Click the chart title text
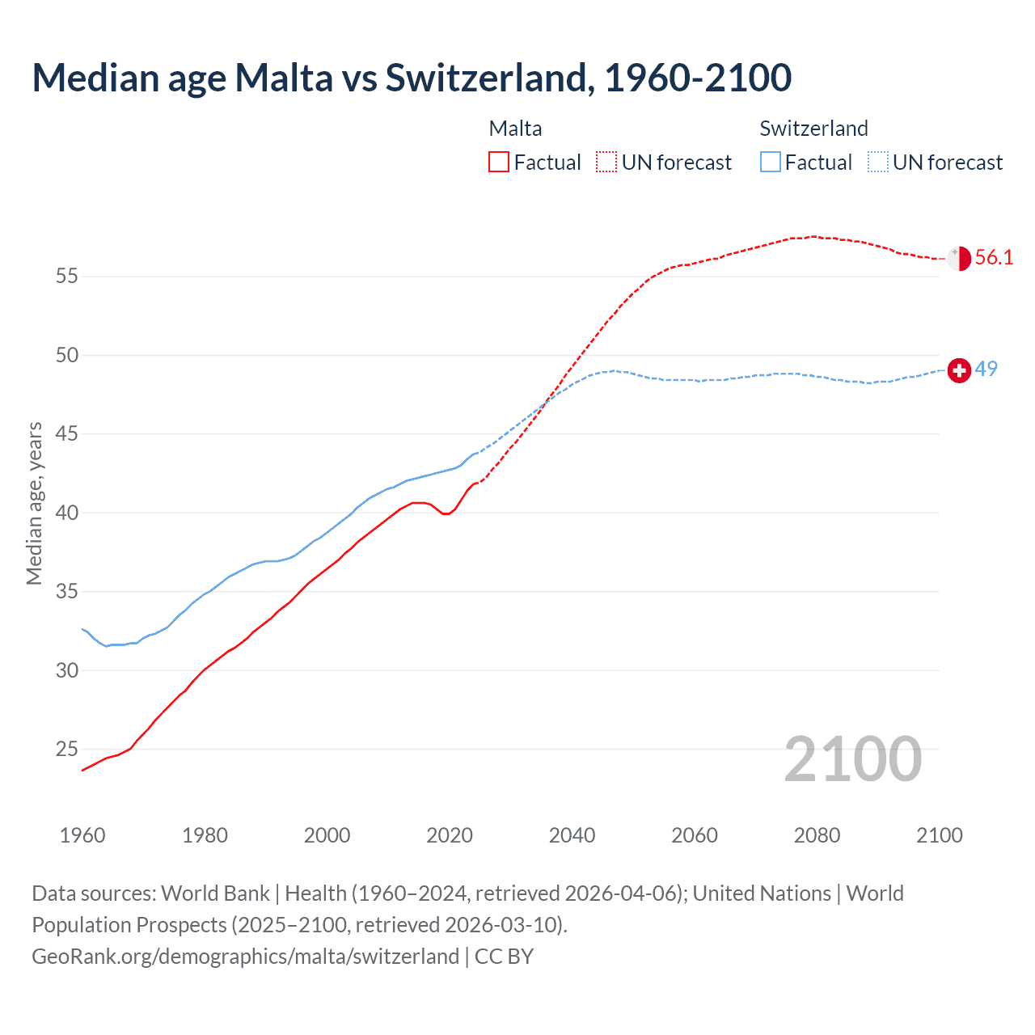[412, 78]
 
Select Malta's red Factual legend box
[499, 163]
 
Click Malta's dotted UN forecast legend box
[606, 163]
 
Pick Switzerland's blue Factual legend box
[771, 163]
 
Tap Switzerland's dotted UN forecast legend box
[878, 163]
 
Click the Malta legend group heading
[515, 129]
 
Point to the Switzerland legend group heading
[813, 129]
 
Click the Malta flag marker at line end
[959, 259]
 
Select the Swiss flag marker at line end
[959, 370]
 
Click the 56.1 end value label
[994, 258]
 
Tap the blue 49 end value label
[986, 369]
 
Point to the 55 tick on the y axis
[67, 277]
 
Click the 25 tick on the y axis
[67, 750]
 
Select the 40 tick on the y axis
[67, 513]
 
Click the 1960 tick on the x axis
[82, 835]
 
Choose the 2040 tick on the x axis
[572, 835]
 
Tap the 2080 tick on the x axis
[817, 835]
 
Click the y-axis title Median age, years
[34, 503]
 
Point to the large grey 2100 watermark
[852, 759]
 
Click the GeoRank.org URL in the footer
[245, 957]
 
